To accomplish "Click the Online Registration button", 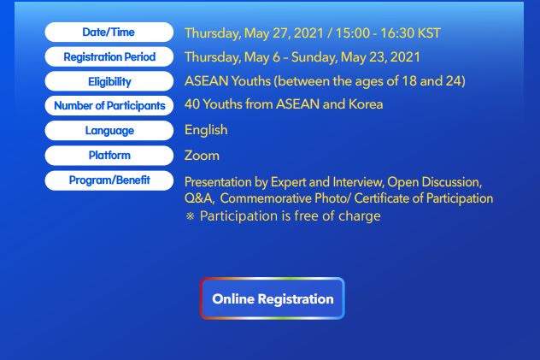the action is coord(273,298).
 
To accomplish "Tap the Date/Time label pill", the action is coord(109,32).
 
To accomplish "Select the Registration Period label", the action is coord(109,56).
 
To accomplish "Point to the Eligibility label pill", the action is coord(109,81).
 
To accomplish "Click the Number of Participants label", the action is coord(109,106).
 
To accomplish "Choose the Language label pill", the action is coord(109,131).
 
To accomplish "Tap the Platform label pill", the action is coord(109,156).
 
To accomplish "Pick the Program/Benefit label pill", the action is coord(109,180).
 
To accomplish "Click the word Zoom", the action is coord(202,156).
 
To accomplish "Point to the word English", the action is coord(206,131).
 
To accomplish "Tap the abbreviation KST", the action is coord(429,33).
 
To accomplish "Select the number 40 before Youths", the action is coord(192,104).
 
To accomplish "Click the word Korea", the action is coord(366,104).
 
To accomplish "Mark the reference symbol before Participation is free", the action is coord(190,216).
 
